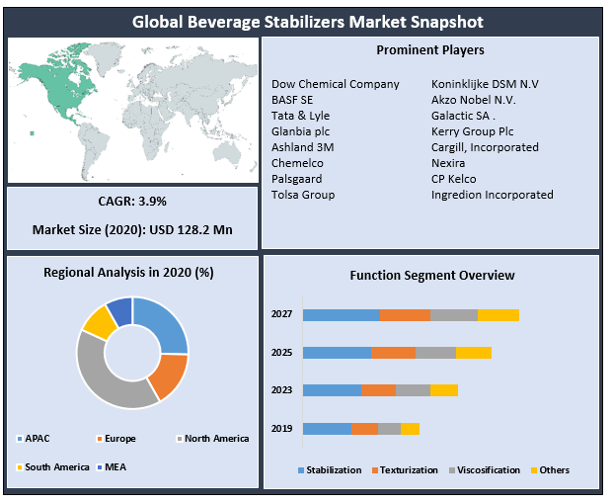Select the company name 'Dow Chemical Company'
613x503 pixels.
click(x=336, y=84)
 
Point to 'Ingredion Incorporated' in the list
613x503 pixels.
click(x=492, y=195)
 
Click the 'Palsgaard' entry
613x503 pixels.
click(x=297, y=179)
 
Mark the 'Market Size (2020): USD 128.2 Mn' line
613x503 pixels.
click(x=132, y=230)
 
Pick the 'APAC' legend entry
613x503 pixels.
click(x=38, y=438)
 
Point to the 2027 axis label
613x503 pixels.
click(x=281, y=314)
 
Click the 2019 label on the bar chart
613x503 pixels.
click(x=281, y=428)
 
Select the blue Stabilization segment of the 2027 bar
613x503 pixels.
click(x=342, y=314)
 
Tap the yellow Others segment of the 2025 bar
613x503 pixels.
click(x=473, y=353)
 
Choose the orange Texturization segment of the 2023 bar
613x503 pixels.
click(x=378, y=390)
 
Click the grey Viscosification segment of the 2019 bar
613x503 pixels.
click(x=389, y=428)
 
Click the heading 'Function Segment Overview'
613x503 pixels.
click(x=431, y=276)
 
